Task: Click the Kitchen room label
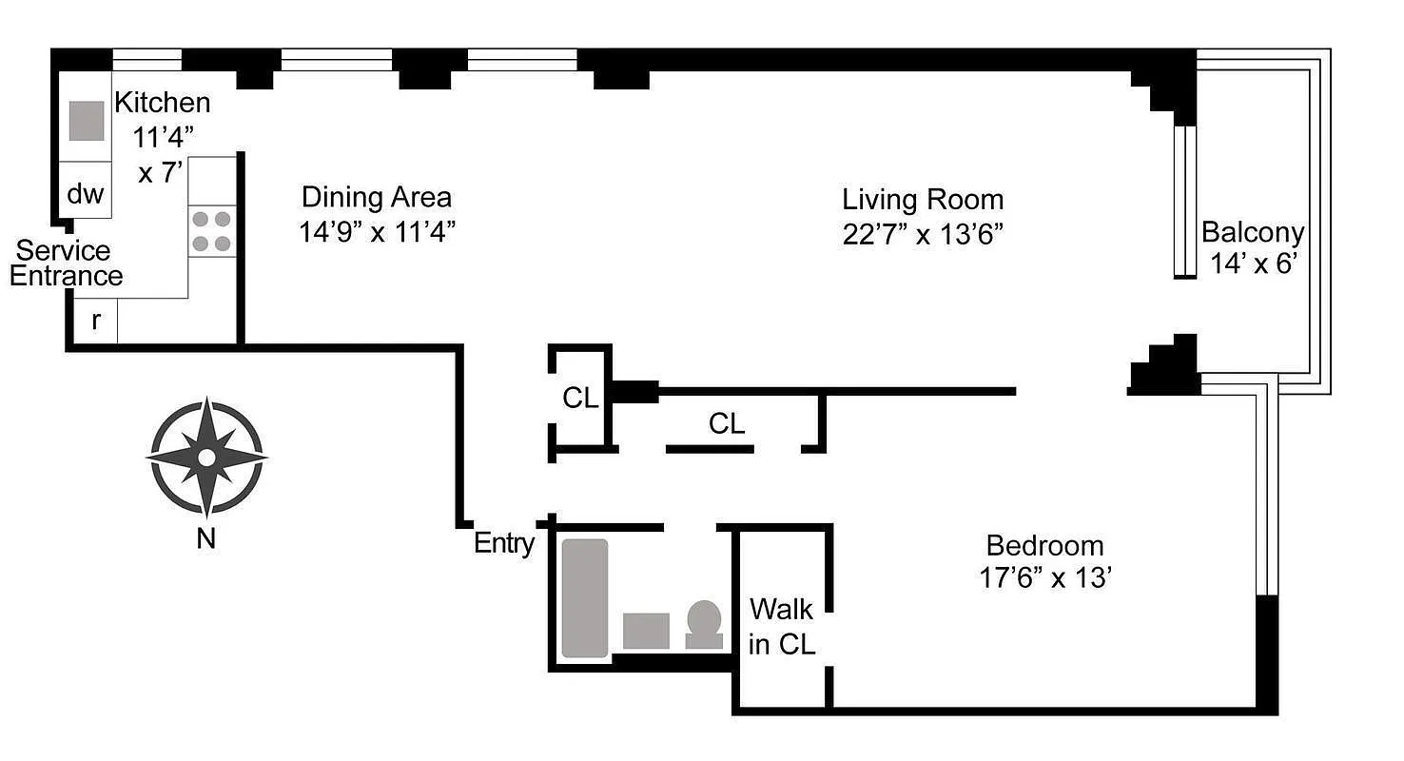click(163, 103)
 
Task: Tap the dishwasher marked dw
click(86, 194)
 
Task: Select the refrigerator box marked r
click(95, 321)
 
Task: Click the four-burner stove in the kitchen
click(211, 231)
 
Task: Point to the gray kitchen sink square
click(87, 121)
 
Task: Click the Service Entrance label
click(66, 263)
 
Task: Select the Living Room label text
click(923, 200)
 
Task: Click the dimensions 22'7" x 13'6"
click(923, 234)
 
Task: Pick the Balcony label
click(1252, 231)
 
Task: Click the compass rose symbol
click(206, 458)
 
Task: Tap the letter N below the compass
click(205, 538)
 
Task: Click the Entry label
click(504, 543)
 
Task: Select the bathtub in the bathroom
click(584, 598)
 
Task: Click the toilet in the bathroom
click(704, 625)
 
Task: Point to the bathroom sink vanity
click(646, 631)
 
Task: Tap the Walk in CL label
click(782, 626)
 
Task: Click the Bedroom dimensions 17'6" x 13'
click(1044, 577)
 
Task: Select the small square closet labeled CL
click(580, 398)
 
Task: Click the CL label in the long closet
click(727, 423)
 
